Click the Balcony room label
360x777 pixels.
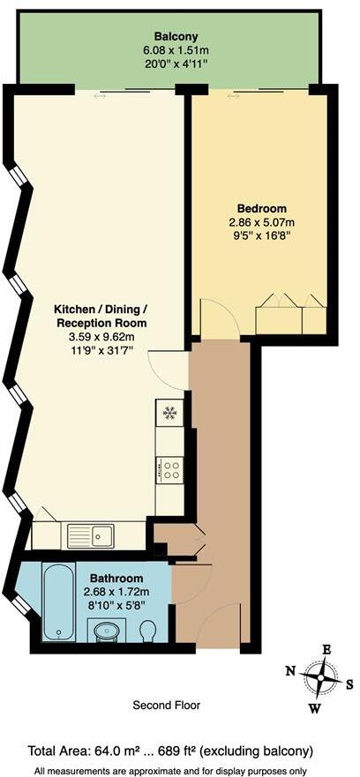[169, 36]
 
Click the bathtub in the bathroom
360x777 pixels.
[59, 602]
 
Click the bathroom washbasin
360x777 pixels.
[108, 631]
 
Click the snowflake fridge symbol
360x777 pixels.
[169, 413]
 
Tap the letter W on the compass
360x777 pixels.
[314, 707]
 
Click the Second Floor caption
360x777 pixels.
[166, 706]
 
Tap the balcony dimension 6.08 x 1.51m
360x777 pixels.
[169, 50]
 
